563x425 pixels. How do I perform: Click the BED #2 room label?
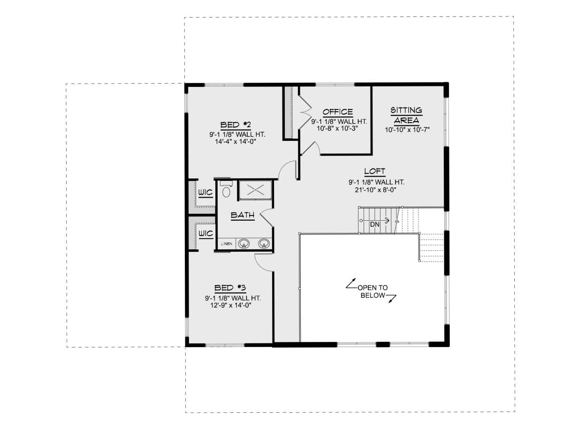click(235, 125)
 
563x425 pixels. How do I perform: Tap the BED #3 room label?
click(230, 288)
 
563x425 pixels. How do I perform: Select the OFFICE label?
click(337, 112)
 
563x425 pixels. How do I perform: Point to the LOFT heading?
click(374, 171)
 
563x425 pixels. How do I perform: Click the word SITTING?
click(406, 110)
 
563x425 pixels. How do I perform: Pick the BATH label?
click(243, 215)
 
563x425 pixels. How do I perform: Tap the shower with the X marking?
click(256, 190)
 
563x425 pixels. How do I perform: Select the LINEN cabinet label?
click(227, 244)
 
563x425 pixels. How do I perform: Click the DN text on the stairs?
click(375, 224)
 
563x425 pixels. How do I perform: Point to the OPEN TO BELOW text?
click(373, 291)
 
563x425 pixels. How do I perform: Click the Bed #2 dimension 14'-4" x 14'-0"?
click(236, 142)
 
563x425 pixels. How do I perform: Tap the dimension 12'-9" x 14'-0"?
click(230, 305)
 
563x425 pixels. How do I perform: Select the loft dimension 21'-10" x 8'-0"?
click(376, 190)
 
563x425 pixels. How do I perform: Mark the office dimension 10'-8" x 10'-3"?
click(337, 128)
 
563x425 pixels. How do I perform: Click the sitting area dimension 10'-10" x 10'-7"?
click(407, 130)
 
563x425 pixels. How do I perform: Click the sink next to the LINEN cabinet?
click(243, 243)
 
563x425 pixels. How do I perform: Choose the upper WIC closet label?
click(205, 192)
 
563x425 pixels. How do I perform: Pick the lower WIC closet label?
click(205, 233)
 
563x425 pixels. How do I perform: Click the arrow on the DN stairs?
click(375, 220)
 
